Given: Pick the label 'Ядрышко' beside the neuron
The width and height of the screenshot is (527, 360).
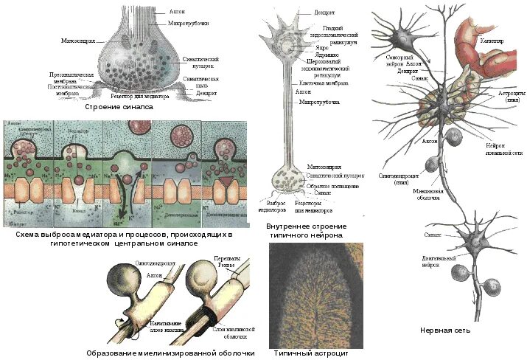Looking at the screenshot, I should (328, 55).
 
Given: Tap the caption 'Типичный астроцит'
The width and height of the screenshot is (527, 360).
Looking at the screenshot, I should (310, 353).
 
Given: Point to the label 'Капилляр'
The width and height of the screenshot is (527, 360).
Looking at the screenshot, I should (492, 41).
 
